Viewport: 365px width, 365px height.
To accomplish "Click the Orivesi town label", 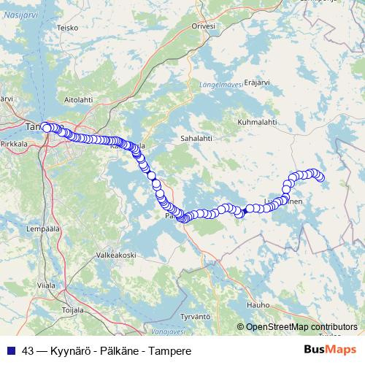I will point(204,26).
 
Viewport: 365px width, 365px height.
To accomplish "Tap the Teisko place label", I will point(68,28).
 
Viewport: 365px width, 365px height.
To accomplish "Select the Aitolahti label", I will point(79,98).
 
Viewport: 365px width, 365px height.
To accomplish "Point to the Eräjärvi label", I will point(257,82).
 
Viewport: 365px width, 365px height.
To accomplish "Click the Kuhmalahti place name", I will point(259,112).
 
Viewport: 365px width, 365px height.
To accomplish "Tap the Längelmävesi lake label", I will point(217,85).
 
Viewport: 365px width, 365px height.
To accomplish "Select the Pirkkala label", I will point(14,145).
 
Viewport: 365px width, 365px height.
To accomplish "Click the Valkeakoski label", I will point(116,255).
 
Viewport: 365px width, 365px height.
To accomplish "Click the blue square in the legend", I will point(10,350).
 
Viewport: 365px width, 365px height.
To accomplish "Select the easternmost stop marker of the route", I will point(319,177).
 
